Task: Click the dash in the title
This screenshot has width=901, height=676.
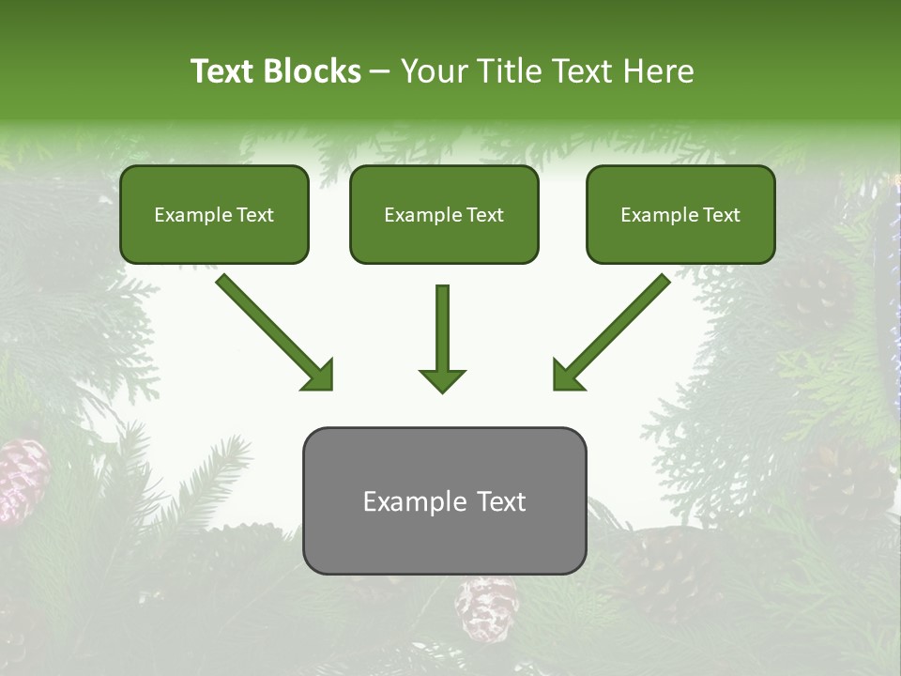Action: click(x=380, y=72)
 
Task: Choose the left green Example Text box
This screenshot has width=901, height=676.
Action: click(x=214, y=214)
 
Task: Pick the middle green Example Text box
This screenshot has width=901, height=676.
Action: click(x=444, y=214)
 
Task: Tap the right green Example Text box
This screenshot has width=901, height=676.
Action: click(x=680, y=214)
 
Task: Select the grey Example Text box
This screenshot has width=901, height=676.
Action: click(x=444, y=500)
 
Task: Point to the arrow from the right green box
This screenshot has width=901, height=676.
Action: click(x=611, y=332)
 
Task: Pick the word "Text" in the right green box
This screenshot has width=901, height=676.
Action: click(x=722, y=215)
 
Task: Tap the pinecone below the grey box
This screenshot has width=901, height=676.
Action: click(x=486, y=607)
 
